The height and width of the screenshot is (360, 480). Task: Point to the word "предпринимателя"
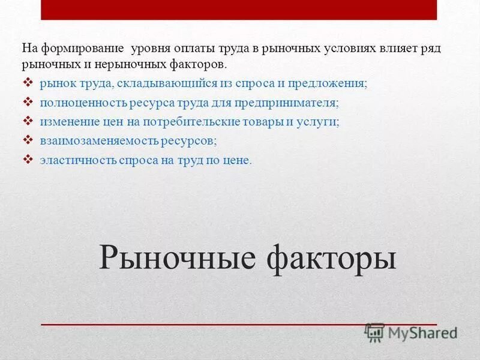292,103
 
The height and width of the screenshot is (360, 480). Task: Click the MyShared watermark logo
412,332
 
